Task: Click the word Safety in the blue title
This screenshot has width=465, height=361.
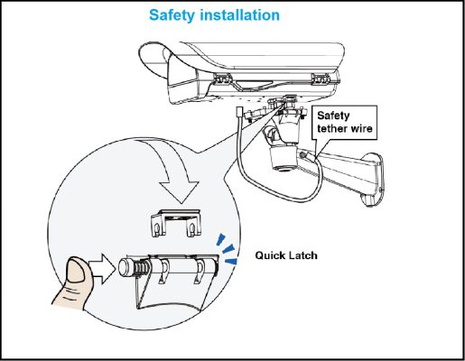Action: (x=172, y=15)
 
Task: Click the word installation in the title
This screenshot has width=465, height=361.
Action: (x=239, y=14)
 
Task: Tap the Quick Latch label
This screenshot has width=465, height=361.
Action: (x=286, y=255)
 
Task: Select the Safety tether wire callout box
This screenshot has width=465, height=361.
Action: (x=344, y=122)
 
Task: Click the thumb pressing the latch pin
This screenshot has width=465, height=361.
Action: (x=74, y=282)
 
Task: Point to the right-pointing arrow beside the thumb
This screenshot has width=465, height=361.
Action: (x=103, y=269)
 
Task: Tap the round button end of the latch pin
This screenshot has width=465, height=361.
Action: (x=125, y=267)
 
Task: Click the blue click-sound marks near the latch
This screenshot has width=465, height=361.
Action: (x=228, y=249)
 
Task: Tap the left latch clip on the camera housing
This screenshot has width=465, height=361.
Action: (x=222, y=79)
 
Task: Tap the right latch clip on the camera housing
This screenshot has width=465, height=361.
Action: (x=321, y=79)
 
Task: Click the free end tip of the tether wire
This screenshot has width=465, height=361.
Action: (x=239, y=111)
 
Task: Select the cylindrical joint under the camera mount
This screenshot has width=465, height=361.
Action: (x=284, y=158)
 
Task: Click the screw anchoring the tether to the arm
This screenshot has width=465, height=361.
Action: (x=303, y=154)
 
